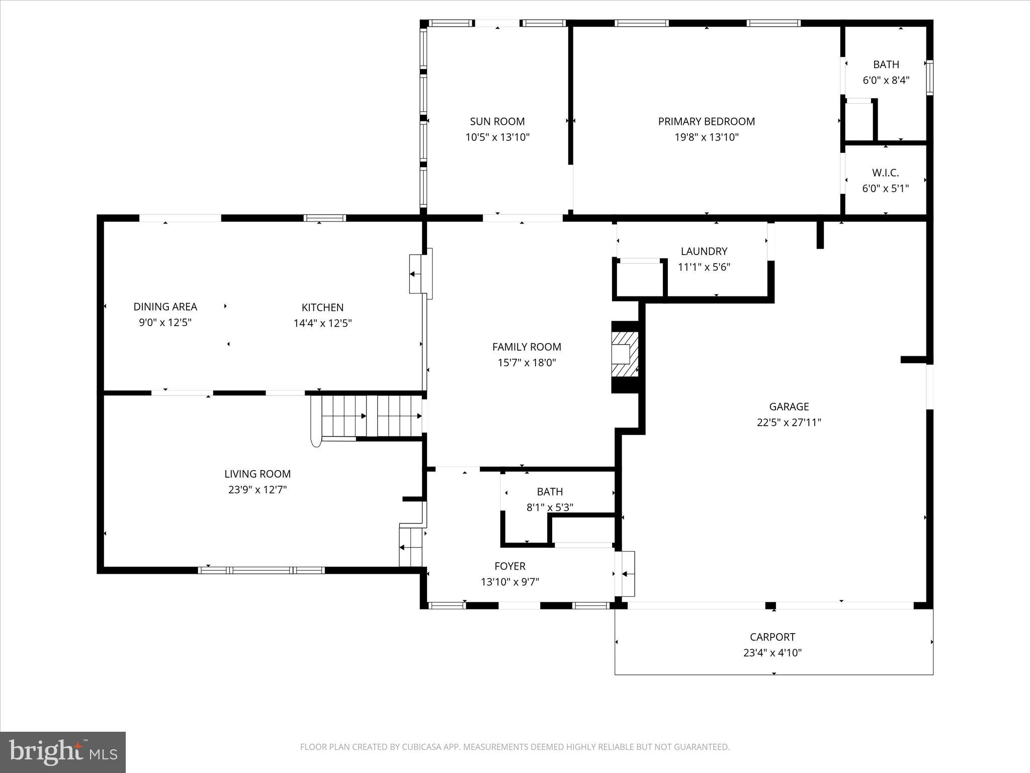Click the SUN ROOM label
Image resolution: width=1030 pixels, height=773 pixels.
497,121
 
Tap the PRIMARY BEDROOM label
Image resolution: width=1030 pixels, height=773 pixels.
707,121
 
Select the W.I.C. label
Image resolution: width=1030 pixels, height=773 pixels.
886,173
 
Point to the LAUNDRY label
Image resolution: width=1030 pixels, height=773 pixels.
704,251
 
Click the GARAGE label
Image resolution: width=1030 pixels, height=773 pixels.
789,407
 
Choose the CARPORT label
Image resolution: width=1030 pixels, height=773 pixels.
772,637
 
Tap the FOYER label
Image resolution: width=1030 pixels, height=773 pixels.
510,566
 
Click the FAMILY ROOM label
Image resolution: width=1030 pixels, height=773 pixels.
527,347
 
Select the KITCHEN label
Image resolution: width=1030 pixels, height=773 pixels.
322,307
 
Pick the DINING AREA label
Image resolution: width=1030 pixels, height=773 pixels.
165,306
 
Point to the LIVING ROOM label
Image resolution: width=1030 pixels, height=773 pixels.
257,474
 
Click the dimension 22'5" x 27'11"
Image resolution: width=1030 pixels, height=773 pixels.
789,422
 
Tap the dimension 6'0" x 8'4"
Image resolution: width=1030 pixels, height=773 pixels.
886,80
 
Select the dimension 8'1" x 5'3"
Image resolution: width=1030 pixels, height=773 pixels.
550,507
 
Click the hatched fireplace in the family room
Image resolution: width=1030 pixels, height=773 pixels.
625,354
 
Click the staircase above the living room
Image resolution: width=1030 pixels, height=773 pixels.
366,416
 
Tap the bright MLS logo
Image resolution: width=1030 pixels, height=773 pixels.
63,752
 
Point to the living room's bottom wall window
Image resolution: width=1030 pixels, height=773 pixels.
261,570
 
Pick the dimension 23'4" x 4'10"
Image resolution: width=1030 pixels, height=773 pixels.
772,653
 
